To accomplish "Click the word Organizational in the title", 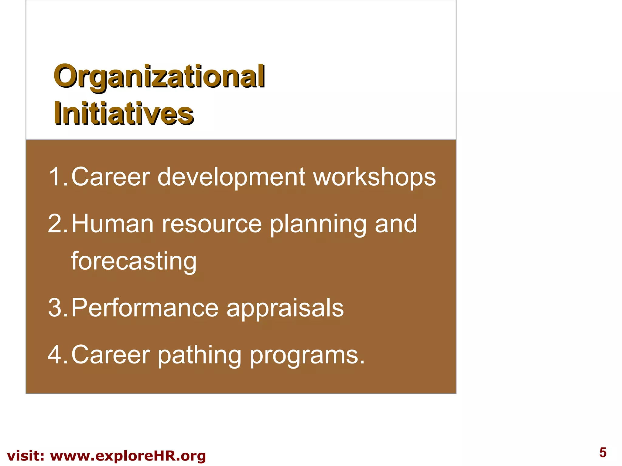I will tap(159, 76).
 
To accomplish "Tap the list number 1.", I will tap(56, 177).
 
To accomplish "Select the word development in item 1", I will tap(231, 177).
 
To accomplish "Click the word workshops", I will tap(374, 177).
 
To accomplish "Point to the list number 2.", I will tap(56, 224).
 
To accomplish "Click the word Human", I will tap(112, 224).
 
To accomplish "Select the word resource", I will tap(211, 224).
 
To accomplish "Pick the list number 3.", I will tap(56, 308).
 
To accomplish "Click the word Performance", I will tap(145, 308).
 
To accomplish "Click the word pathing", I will tap(200, 355).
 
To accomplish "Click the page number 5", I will tap(603, 453).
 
